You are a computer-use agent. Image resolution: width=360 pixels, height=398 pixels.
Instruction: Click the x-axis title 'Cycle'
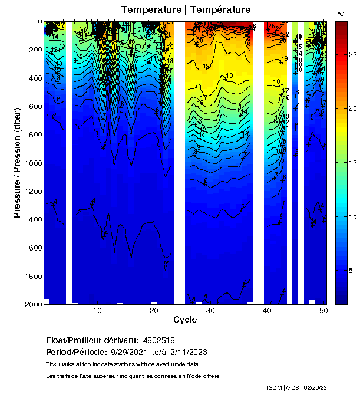click(185, 320)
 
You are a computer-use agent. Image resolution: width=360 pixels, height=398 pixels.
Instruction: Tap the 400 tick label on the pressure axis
click(33, 78)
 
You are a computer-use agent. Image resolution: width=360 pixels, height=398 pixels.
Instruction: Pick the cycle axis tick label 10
click(98, 311)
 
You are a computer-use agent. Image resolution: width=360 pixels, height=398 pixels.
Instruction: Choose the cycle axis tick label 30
click(210, 311)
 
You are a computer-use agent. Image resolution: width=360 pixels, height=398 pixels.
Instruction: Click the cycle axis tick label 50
click(323, 311)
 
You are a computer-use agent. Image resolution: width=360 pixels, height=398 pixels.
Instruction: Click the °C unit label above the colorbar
click(341, 13)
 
